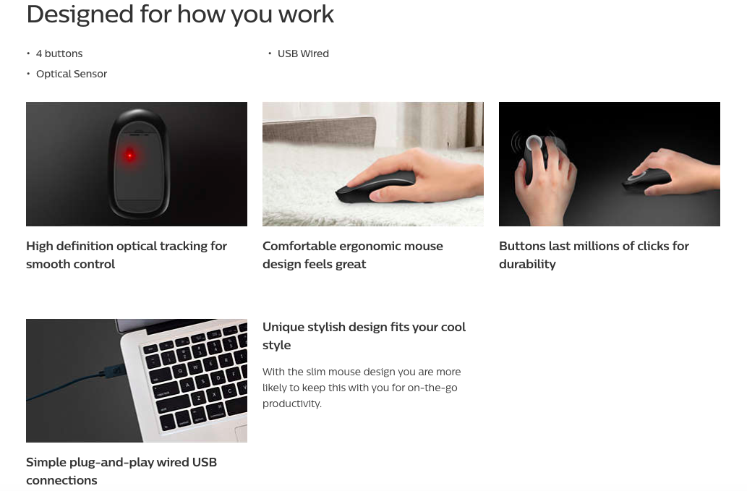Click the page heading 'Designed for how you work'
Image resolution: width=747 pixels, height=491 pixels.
[180, 14]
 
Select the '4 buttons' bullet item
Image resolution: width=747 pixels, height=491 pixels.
[59, 54]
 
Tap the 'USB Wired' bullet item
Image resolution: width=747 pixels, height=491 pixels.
[303, 54]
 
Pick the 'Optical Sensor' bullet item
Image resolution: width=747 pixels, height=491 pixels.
[72, 74]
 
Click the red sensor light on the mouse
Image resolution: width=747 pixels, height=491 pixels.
[129, 155]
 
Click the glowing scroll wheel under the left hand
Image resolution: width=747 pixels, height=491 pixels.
[533, 142]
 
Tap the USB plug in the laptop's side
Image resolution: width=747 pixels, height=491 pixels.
[113, 370]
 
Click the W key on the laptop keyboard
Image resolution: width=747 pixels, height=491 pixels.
[195, 367]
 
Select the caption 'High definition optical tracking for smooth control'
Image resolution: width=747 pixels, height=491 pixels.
[127, 255]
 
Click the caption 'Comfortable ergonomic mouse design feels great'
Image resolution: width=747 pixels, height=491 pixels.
[353, 255]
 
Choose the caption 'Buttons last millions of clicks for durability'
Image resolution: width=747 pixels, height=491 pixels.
[594, 255]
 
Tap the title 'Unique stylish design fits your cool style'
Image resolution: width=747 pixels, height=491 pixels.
[364, 336]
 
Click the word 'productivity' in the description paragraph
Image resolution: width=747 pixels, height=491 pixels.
[291, 404]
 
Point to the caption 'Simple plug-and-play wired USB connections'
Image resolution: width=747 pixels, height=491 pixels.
[121, 471]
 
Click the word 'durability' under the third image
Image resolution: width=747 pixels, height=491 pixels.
[527, 265]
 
